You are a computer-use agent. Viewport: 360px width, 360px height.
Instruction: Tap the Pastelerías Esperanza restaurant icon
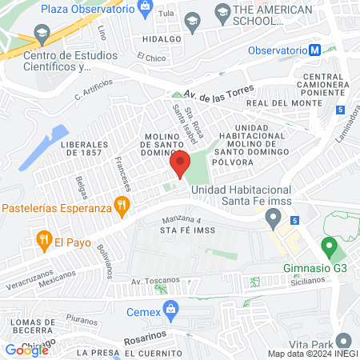[x=122, y=206]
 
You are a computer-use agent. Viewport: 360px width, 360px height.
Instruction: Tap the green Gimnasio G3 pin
[x=327, y=247]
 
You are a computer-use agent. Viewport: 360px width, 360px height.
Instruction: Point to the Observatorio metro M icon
[x=316, y=50]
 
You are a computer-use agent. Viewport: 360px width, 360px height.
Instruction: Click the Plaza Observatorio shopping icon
[x=146, y=9]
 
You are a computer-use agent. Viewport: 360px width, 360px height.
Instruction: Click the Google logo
[x=27, y=349]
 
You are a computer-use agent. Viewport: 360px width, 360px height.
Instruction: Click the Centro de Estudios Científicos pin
[x=42, y=35]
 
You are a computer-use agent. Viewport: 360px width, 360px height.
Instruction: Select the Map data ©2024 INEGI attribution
[x=311, y=354]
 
